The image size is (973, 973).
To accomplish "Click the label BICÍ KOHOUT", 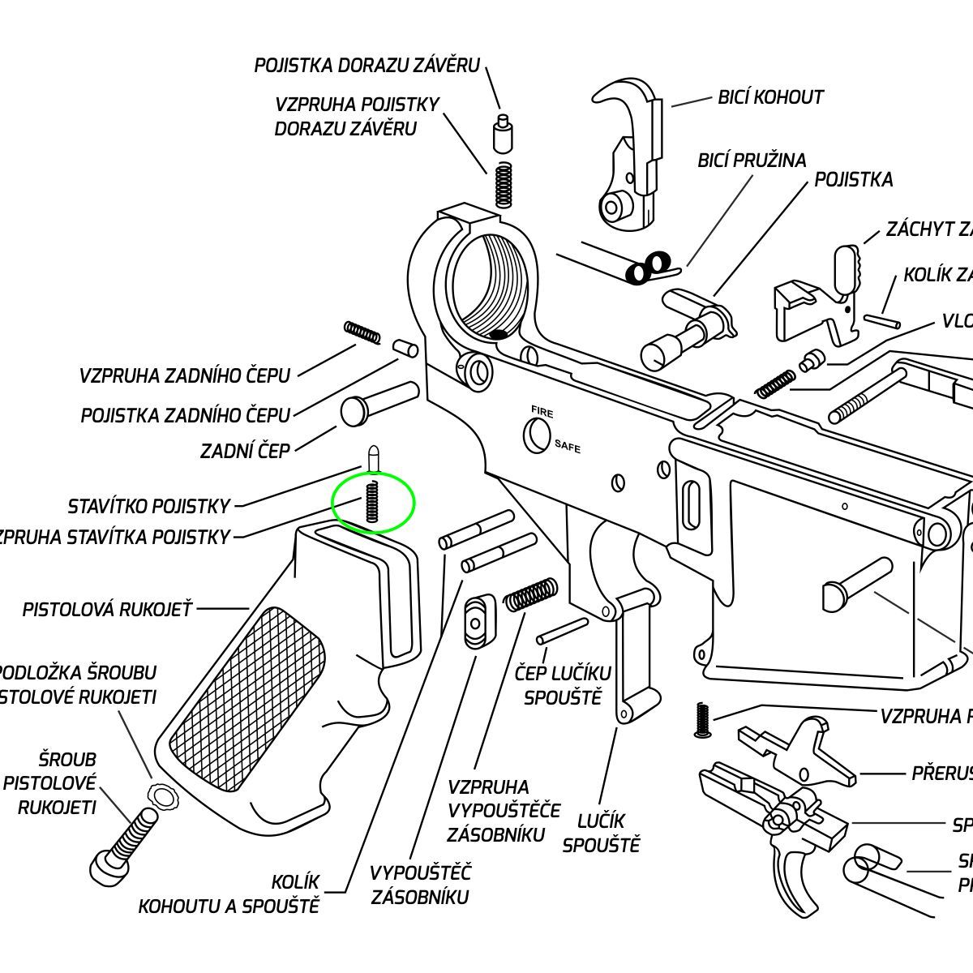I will pyautogui.click(x=770, y=97).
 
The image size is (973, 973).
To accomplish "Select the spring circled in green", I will pyautogui.click(x=372, y=501).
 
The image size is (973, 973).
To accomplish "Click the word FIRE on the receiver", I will pyautogui.click(x=542, y=412).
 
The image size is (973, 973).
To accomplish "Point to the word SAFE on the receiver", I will pyautogui.click(x=568, y=446).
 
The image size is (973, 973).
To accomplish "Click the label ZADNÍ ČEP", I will pyautogui.click(x=245, y=451).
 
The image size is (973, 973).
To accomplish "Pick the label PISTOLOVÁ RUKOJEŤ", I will pyautogui.click(x=107, y=609).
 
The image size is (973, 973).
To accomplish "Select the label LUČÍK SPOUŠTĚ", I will pyautogui.click(x=601, y=833).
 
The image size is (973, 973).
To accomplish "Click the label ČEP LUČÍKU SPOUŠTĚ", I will pyautogui.click(x=563, y=685).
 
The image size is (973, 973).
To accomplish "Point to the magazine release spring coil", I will pyautogui.click(x=531, y=594).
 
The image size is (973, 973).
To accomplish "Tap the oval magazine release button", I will pyautogui.click(x=476, y=621).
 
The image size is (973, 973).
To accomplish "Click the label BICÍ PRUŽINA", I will pyautogui.click(x=752, y=160).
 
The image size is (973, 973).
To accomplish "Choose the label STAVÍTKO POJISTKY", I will pyautogui.click(x=150, y=507).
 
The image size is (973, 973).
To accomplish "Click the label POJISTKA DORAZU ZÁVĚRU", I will pyautogui.click(x=367, y=66).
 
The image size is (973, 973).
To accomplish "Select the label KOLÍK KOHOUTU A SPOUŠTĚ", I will pyautogui.click(x=229, y=894).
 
